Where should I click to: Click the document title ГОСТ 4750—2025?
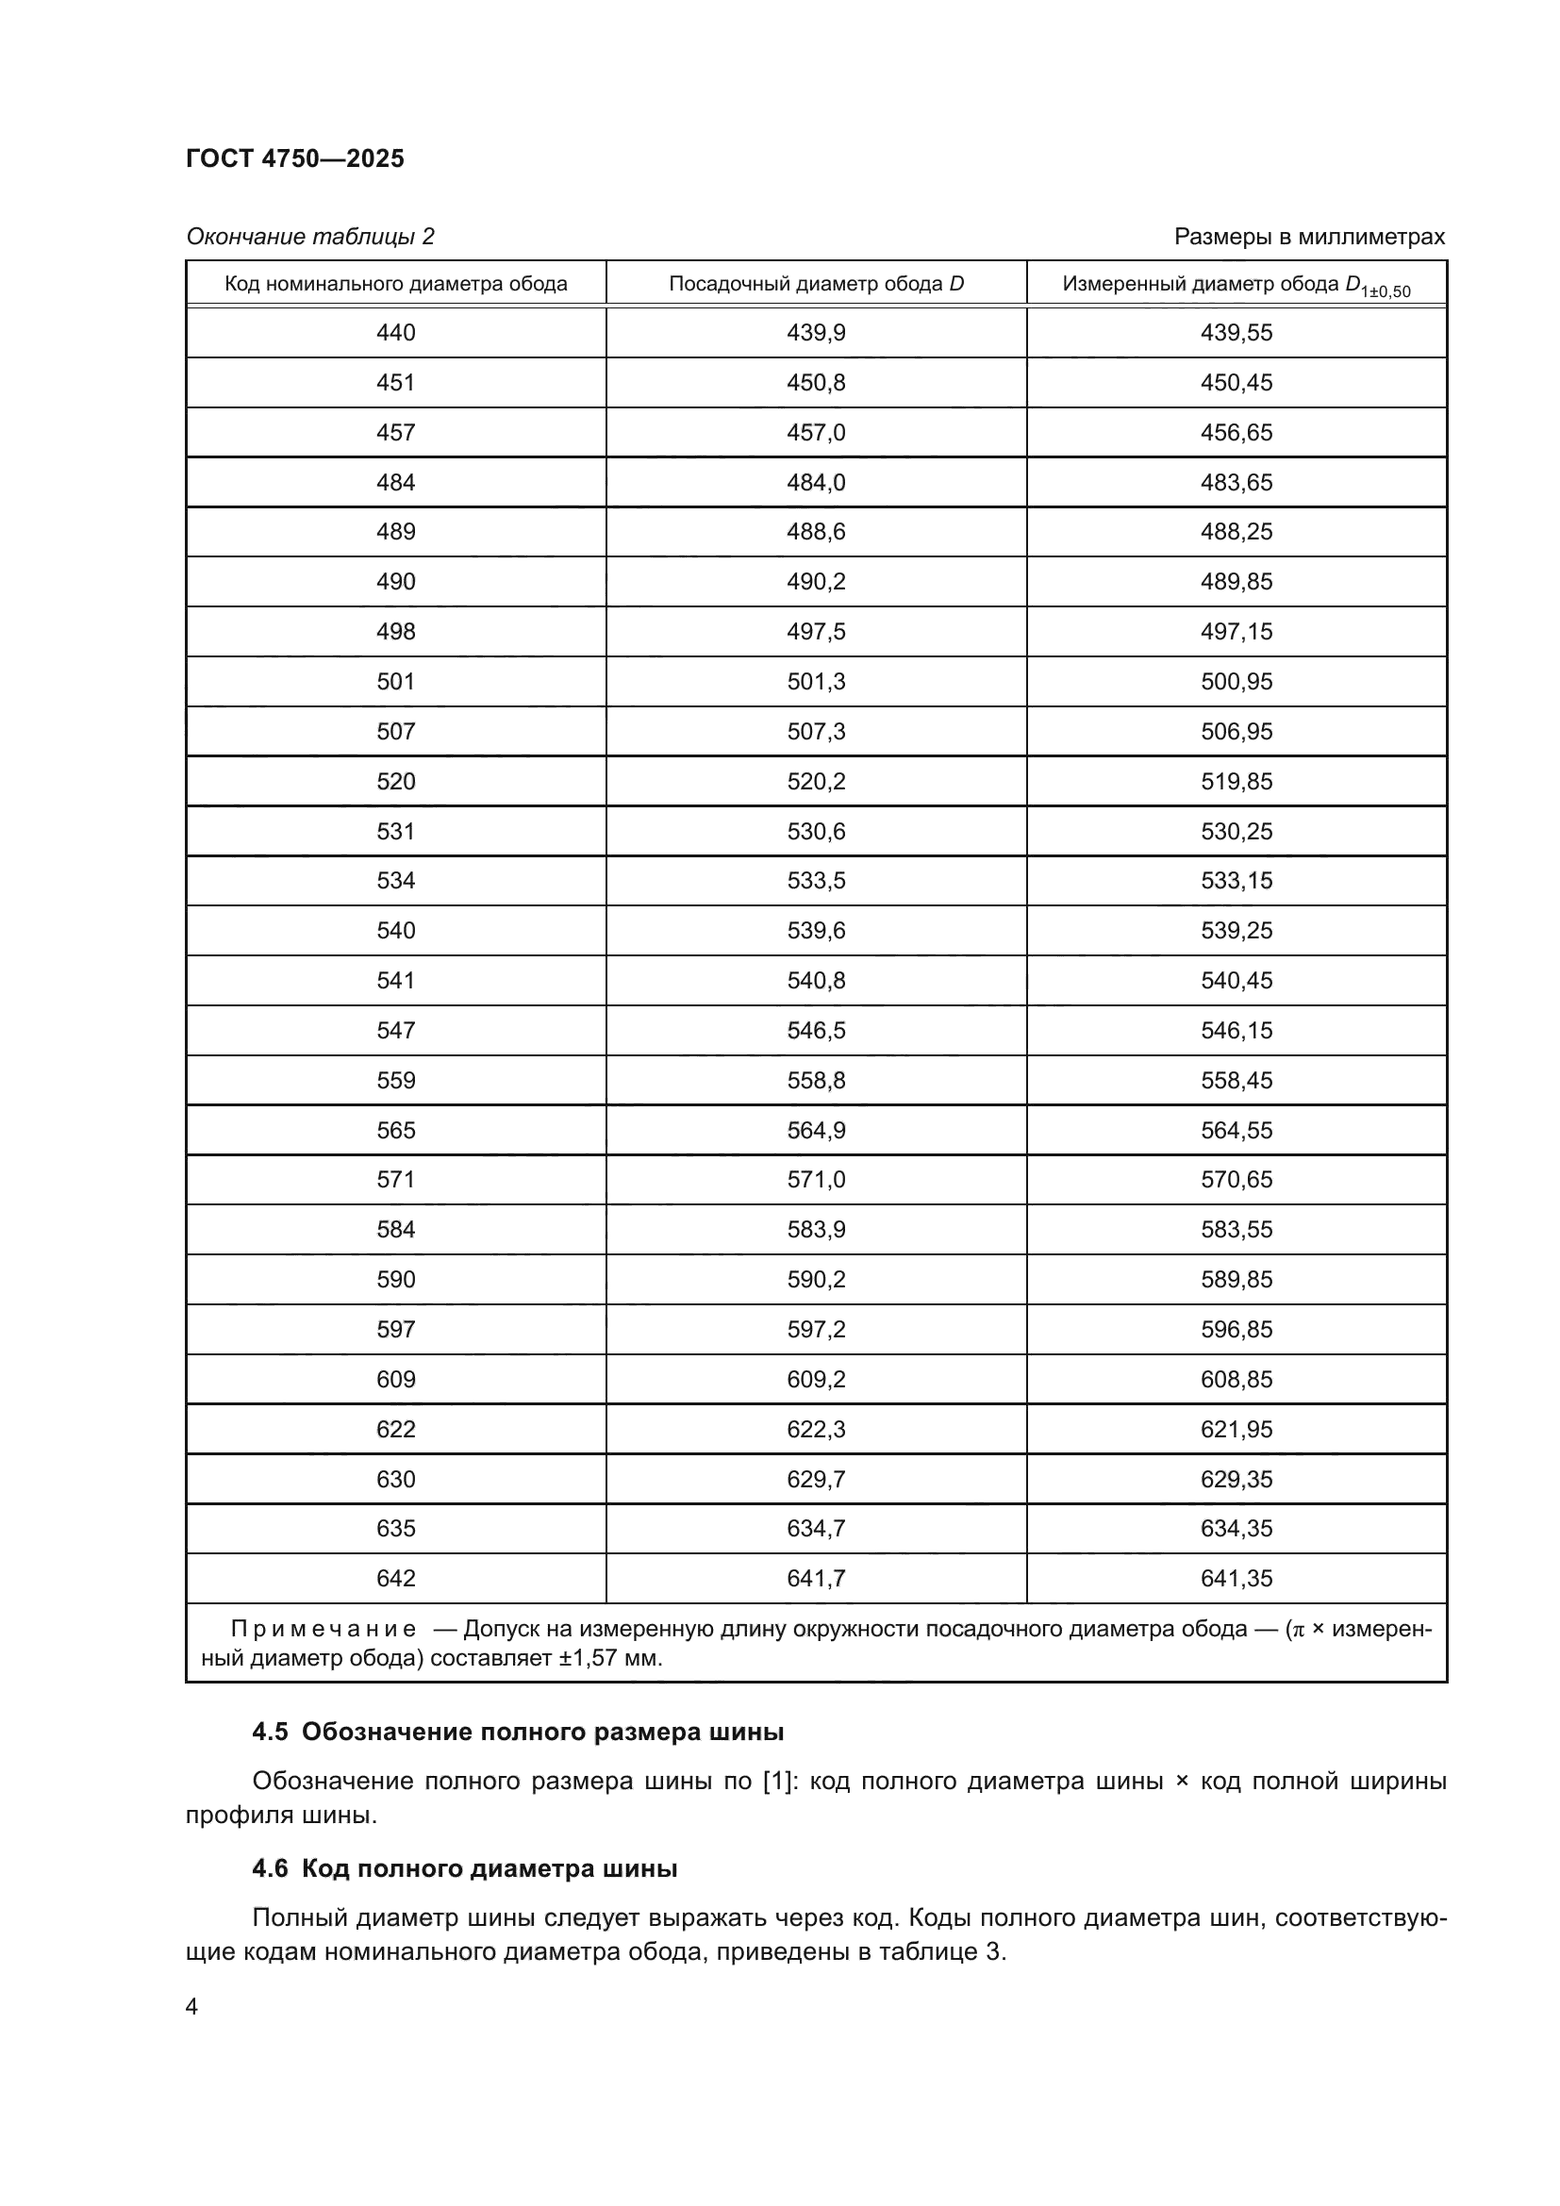(295, 158)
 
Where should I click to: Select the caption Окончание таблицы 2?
(310, 237)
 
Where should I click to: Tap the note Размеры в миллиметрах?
(1308, 237)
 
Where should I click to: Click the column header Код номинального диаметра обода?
(396, 284)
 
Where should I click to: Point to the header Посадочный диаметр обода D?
(816, 284)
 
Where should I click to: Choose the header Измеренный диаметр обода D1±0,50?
(1236, 285)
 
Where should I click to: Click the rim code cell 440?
(396, 332)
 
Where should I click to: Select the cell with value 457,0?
(816, 432)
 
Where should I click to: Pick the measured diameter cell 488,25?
(1236, 531)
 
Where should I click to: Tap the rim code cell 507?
(396, 731)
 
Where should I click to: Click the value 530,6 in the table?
(816, 831)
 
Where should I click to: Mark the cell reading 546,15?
(1236, 1030)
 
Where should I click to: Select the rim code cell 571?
(396, 1179)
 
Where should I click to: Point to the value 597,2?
(816, 1329)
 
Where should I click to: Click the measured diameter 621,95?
(1236, 1429)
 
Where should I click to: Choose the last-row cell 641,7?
(816, 1578)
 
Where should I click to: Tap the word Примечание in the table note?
(324, 1629)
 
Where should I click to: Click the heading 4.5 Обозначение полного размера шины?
(518, 1732)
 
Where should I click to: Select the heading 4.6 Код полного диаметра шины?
(465, 1867)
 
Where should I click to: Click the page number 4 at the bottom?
(192, 2006)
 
